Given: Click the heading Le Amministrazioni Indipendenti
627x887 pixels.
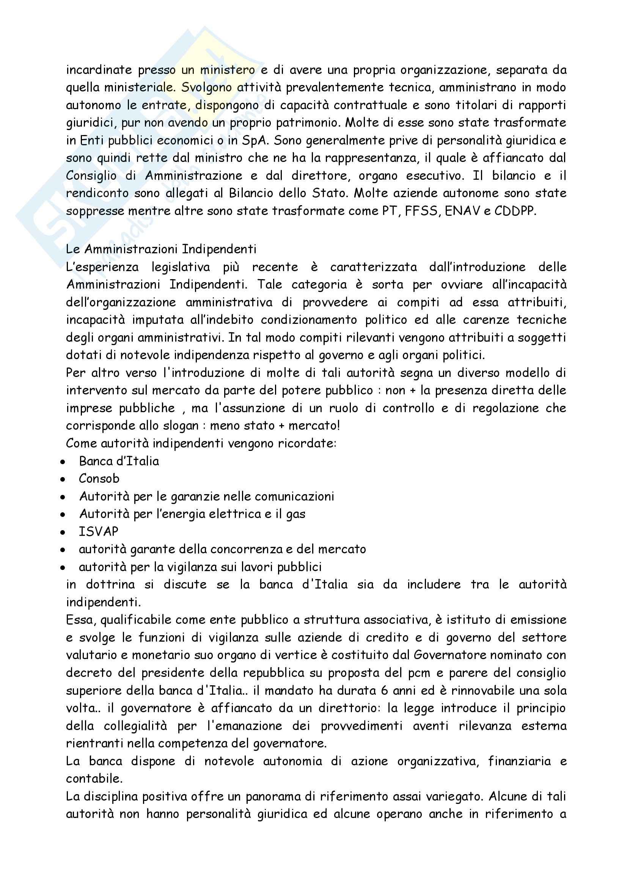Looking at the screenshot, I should click(161, 249).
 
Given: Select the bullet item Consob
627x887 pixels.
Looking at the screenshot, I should click(99, 479).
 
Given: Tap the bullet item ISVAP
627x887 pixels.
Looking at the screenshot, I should click(99, 532).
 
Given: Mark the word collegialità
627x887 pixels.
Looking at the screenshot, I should click(135, 726).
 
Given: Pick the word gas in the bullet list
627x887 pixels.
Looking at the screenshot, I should click(295, 515).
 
